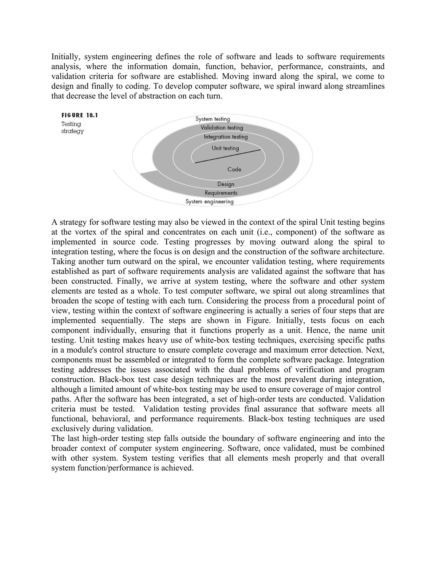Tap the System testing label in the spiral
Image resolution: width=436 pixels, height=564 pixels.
[213, 119]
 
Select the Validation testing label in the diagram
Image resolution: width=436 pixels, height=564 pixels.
[222, 127]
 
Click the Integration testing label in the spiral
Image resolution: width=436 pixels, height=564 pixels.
[226, 137]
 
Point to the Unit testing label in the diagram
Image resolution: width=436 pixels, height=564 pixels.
[225, 148]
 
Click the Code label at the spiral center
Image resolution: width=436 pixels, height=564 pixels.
[234, 170]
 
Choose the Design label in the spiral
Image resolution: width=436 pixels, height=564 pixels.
[226, 184]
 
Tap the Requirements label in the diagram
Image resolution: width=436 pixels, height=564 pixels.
[221, 193]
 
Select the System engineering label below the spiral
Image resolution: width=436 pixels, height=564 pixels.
[209, 202]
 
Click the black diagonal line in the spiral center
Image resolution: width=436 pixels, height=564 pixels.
[227, 156]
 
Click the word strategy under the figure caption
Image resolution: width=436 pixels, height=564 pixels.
[73, 131]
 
